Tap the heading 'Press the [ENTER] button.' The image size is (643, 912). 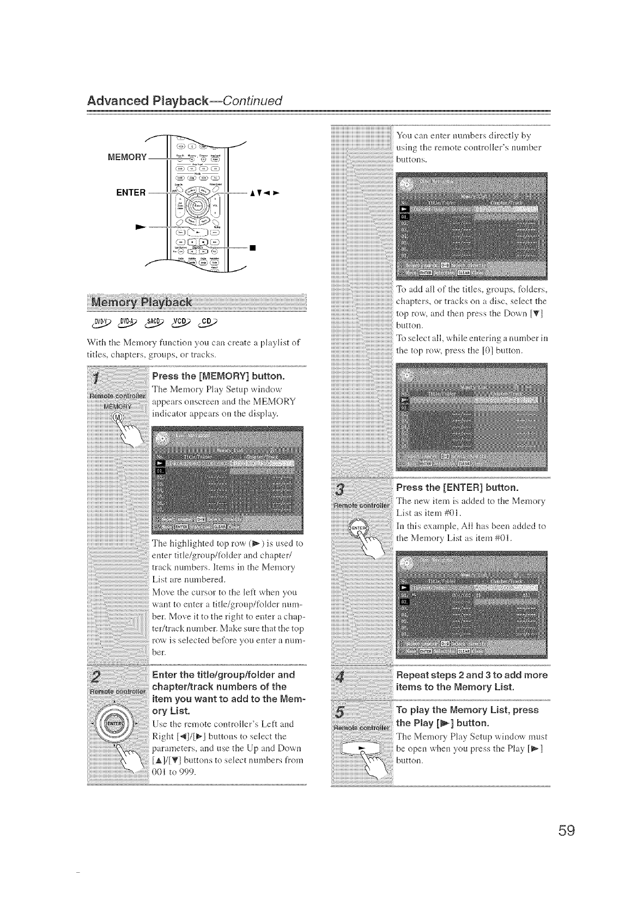point(457,487)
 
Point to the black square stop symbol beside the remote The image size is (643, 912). point(252,250)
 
